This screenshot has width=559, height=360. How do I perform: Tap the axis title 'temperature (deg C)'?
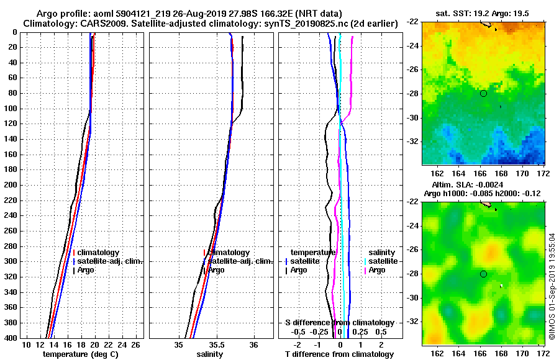click(80, 354)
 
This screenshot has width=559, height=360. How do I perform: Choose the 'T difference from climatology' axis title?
click(339, 354)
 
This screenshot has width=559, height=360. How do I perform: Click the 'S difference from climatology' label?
click(339, 323)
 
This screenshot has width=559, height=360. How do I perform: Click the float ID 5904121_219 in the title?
click(143, 13)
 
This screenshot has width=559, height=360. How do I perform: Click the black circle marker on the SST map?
click(483, 93)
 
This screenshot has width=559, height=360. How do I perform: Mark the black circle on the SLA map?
click(483, 274)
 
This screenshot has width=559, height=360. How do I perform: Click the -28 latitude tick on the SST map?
click(413, 94)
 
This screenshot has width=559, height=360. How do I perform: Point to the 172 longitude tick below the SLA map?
click(542, 353)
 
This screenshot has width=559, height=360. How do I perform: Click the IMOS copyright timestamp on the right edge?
click(552, 286)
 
